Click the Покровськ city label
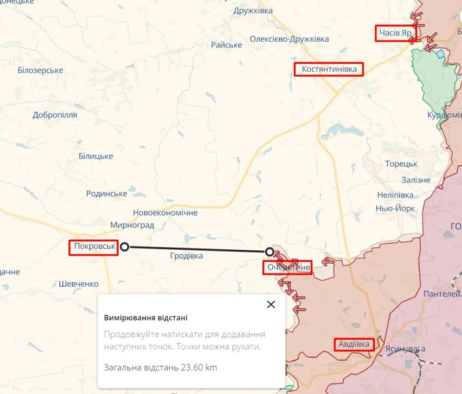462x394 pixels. coord(94,247)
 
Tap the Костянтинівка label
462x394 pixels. coord(329,69)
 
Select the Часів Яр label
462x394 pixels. coord(396,32)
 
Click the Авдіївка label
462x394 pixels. coord(354,344)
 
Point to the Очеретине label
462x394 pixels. coord(288,268)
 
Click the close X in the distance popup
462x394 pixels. coord(270,305)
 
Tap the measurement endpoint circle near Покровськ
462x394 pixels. coord(124,247)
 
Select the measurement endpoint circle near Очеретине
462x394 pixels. coord(269,252)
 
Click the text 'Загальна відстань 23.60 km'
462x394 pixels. coord(160,367)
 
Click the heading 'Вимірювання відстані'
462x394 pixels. coord(145,318)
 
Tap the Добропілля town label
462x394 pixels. coord(55,115)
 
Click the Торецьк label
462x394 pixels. coord(401,164)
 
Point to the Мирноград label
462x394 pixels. coord(132,225)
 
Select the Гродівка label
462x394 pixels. coord(186,256)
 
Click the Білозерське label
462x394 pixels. coord(41,70)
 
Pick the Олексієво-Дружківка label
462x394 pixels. coord(289,39)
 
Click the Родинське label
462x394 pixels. coord(106,194)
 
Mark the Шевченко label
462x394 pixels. coord(79,283)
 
